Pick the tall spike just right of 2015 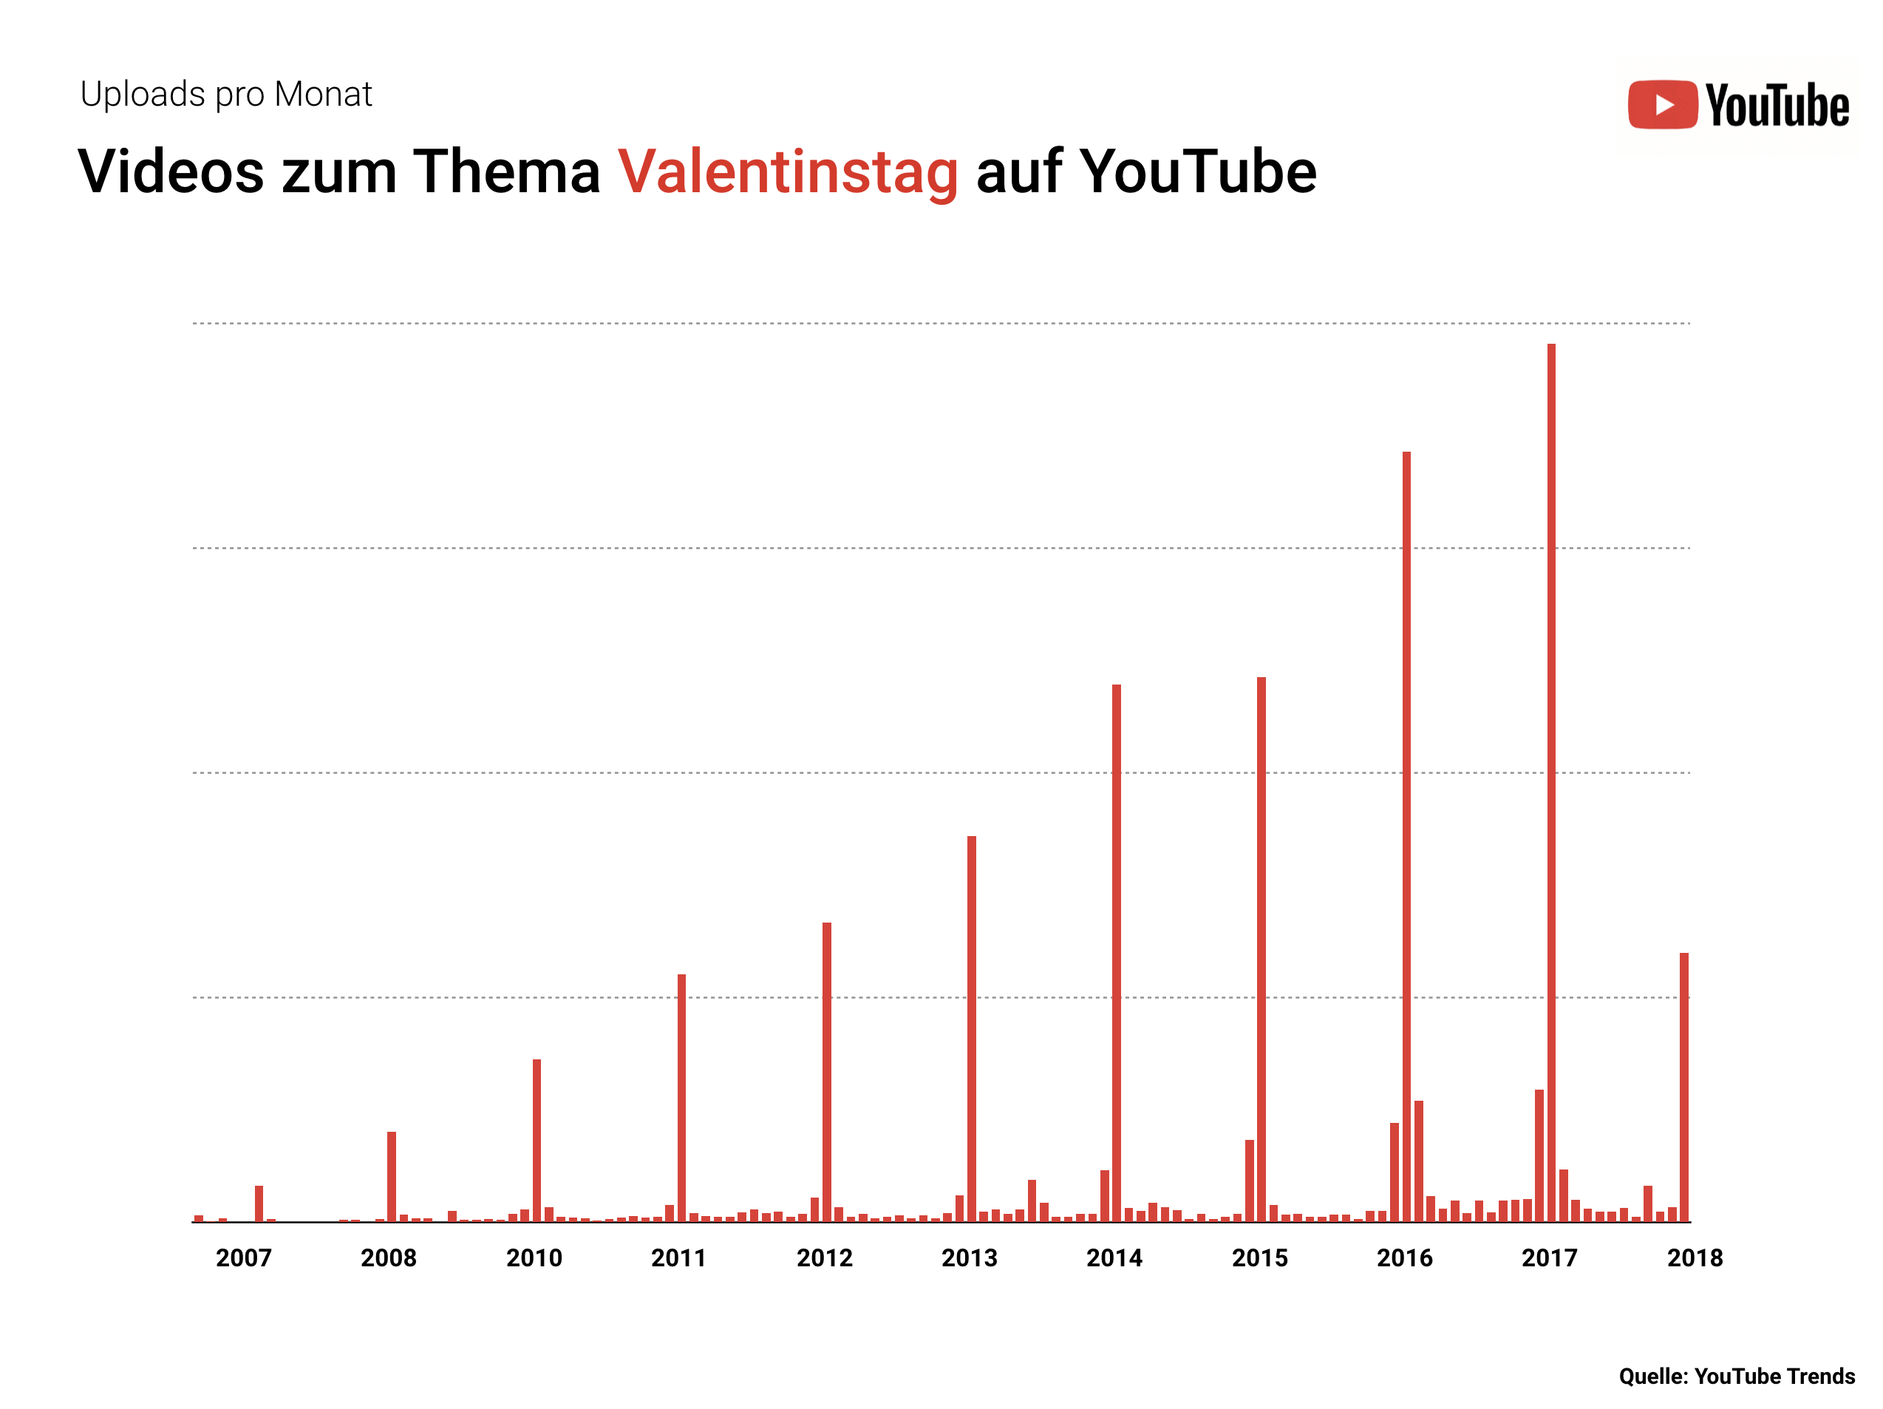[x=1261, y=948]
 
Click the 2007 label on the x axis [x=243, y=1257]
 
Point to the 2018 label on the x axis [x=1694, y=1257]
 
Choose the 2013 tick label [x=969, y=1257]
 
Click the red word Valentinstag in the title [x=788, y=172]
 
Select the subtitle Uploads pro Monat [x=225, y=94]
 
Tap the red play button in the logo [x=1662, y=105]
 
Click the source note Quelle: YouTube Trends [x=1737, y=1376]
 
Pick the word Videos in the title [x=170, y=172]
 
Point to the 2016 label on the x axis [x=1405, y=1257]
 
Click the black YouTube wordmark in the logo [x=1777, y=106]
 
